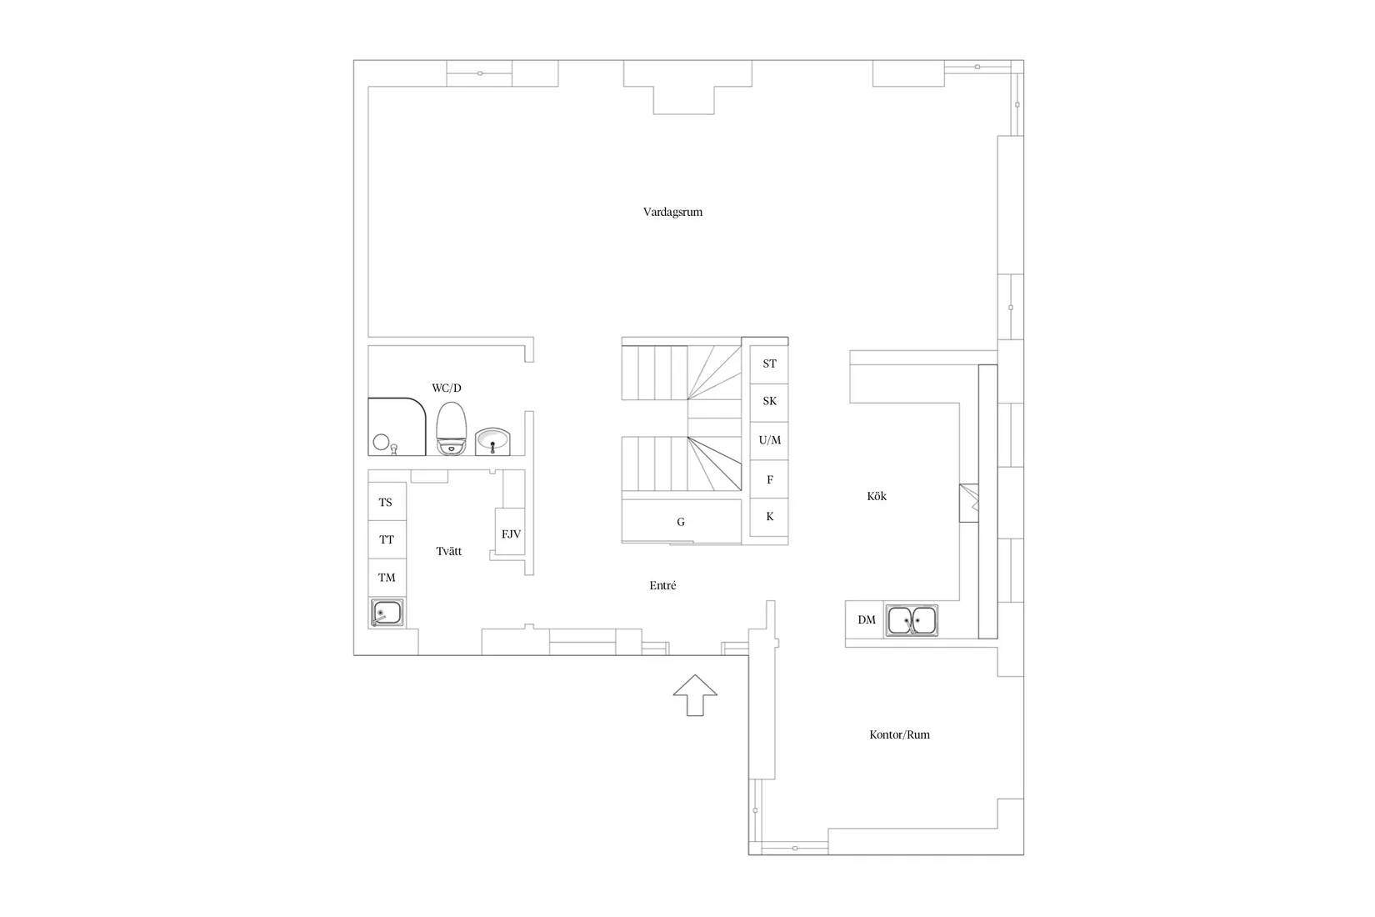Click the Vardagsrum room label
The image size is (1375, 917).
(672, 212)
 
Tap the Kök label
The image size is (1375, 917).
(877, 496)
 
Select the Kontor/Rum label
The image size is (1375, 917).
(899, 734)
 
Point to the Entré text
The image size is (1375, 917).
(663, 585)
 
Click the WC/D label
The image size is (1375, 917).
(447, 388)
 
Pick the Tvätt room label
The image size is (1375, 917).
(448, 551)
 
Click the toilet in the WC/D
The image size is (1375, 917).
(451, 428)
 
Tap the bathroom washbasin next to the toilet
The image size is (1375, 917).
(492, 441)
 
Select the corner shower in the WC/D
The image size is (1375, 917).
(397, 427)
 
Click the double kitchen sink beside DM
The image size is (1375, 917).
(912, 620)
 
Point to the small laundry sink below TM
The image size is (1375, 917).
(387, 613)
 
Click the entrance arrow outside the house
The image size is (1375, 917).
(695, 695)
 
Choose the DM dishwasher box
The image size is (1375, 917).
(865, 619)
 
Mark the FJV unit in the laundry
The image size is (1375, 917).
(511, 532)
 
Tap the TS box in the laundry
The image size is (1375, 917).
(387, 502)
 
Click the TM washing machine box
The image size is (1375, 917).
(387, 578)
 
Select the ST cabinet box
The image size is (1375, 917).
(769, 364)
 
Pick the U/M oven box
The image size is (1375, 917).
(769, 440)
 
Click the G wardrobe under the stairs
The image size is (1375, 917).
(682, 521)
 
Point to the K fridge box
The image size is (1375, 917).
(769, 517)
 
